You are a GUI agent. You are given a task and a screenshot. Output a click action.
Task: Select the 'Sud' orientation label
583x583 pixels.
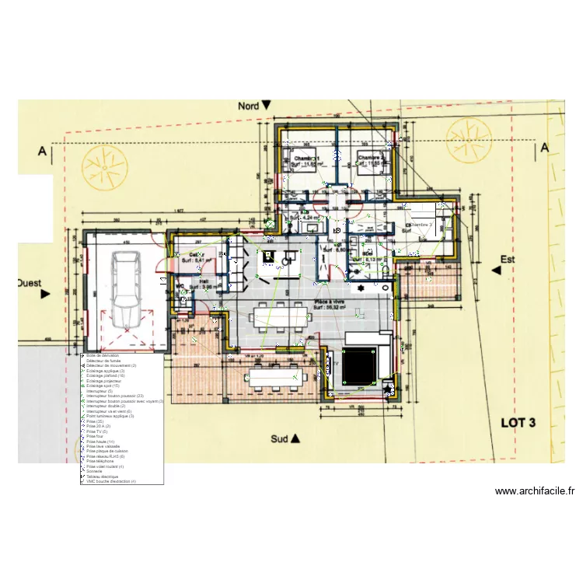click(x=280, y=439)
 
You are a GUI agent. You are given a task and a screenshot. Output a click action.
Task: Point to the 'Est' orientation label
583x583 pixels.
click(x=508, y=260)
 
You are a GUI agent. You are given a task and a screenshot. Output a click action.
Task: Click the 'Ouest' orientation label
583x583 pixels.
click(x=30, y=285)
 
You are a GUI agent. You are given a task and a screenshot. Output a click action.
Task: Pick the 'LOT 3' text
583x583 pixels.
click(x=518, y=424)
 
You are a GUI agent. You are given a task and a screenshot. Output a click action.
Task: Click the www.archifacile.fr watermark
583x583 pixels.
click(x=535, y=491)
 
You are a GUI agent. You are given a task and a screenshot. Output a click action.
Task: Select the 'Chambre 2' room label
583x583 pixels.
click(x=371, y=158)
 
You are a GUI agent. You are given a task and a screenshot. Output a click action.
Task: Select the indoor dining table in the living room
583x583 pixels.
click(x=278, y=316)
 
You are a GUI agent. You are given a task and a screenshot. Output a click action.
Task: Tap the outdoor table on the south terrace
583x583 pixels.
click(x=276, y=378)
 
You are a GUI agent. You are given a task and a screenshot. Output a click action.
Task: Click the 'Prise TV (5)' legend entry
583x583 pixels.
click(x=99, y=431)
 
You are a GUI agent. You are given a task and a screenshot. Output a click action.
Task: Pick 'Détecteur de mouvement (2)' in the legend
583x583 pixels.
click(x=112, y=365)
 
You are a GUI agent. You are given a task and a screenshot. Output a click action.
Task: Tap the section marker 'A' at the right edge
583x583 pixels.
click(x=545, y=147)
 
